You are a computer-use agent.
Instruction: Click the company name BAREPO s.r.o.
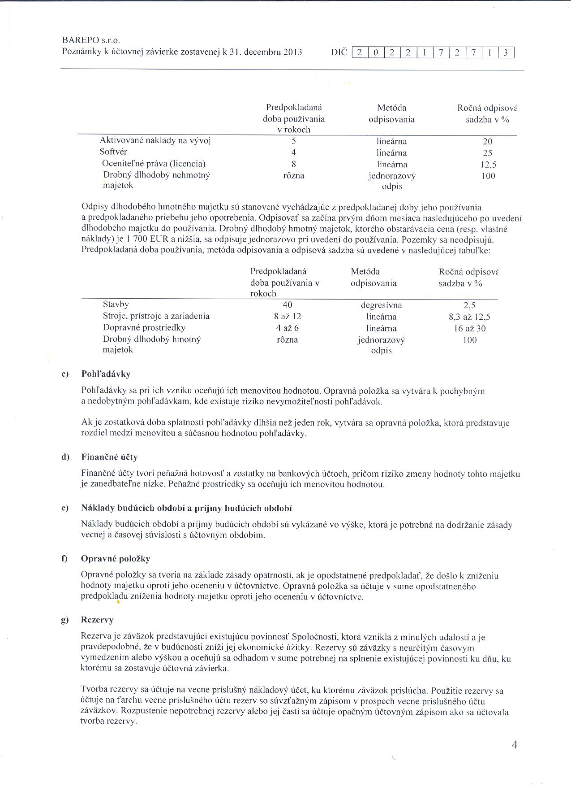[91, 40]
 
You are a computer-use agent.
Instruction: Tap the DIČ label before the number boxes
[339, 52]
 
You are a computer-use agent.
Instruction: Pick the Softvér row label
[113, 152]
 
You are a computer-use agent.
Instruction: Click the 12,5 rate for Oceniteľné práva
[488, 164]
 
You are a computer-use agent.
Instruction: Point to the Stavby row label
[116, 304]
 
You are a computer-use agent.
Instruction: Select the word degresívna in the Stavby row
[381, 305]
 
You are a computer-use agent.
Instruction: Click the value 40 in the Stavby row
[288, 305]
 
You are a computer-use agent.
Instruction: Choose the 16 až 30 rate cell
[469, 329]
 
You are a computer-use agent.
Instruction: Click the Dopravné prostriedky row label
[144, 328]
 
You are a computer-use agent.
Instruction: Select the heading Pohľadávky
[106, 374]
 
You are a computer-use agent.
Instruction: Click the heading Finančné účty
[109, 457]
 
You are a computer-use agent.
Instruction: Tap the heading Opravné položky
[116, 559]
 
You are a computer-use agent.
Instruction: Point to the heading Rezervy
[97, 620]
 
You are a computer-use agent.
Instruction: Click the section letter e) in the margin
[65, 508]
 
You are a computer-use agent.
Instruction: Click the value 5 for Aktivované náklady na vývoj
[294, 141]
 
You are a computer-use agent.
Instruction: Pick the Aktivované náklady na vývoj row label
[155, 141]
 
